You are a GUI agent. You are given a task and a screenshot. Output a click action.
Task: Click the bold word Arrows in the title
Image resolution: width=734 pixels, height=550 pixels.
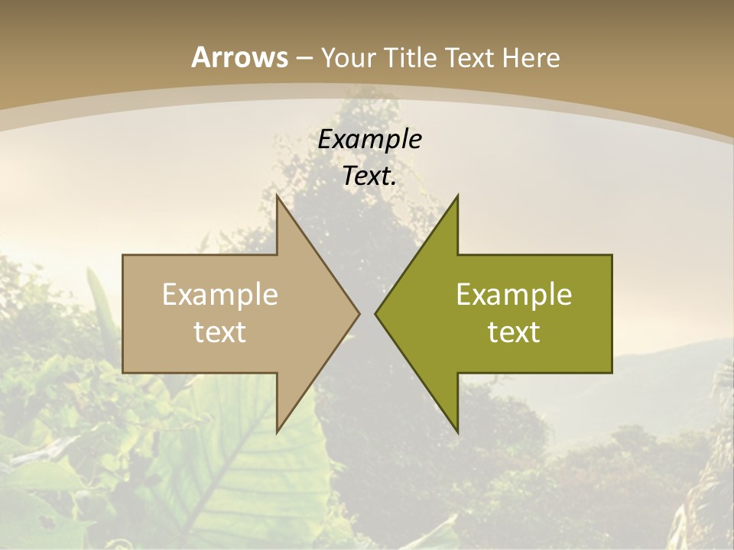point(239,57)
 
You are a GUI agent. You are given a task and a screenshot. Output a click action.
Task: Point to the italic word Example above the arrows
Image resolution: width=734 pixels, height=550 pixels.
point(369,139)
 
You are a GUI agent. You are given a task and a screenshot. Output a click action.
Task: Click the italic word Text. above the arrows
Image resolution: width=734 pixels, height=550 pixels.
point(369,176)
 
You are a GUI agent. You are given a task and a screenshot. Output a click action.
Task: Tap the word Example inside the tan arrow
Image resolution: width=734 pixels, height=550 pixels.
point(220,294)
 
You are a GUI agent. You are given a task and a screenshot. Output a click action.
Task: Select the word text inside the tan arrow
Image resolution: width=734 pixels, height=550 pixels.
point(220,332)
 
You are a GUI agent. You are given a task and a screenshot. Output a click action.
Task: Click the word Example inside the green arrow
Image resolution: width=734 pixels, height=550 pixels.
point(514,294)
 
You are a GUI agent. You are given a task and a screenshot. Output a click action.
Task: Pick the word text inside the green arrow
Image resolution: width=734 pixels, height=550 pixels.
point(514,332)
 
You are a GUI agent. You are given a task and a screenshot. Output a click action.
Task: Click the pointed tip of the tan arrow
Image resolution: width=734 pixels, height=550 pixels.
point(359,313)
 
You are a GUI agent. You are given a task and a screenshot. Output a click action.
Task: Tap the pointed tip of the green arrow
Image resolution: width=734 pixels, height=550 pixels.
point(375,313)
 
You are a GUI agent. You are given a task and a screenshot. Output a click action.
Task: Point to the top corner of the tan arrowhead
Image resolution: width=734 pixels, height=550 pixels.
point(277,196)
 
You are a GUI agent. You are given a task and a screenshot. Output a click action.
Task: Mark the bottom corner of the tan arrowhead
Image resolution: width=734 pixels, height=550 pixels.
point(277,432)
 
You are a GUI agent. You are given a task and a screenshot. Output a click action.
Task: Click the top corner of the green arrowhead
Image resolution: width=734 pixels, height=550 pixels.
point(457,196)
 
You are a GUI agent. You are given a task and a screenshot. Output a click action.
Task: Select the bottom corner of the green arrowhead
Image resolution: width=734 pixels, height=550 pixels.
point(457,432)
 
